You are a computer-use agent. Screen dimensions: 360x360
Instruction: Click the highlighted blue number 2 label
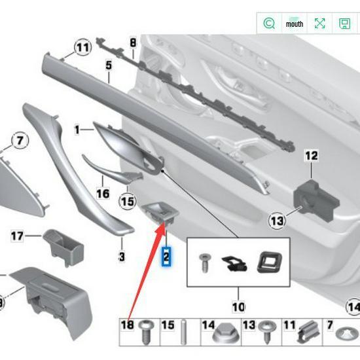click(x=166, y=257)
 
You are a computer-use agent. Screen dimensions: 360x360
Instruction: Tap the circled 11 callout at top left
click(x=82, y=48)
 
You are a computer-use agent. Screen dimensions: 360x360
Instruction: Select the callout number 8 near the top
click(x=133, y=43)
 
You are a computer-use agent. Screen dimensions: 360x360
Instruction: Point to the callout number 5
click(x=109, y=65)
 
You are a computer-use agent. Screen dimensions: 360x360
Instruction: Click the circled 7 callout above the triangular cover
click(x=19, y=140)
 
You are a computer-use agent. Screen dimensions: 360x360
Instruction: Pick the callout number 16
click(x=103, y=194)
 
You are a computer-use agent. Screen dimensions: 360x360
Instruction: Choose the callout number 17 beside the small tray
click(x=16, y=235)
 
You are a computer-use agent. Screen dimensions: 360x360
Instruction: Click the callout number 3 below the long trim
click(x=122, y=257)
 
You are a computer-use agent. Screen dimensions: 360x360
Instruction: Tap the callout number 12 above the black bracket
click(x=310, y=156)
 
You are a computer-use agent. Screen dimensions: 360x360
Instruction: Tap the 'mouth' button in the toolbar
click(x=295, y=24)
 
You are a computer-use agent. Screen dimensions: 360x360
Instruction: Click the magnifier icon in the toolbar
click(x=268, y=24)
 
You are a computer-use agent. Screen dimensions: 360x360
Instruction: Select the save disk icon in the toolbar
click(x=344, y=24)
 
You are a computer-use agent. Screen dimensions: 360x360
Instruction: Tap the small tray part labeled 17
click(x=63, y=244)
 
